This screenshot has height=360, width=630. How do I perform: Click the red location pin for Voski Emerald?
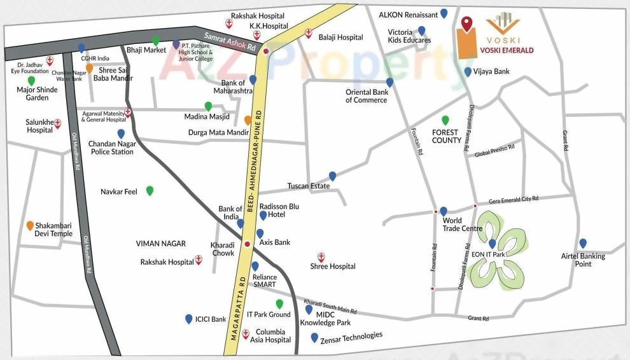pyautogui.click(x=468, y=24)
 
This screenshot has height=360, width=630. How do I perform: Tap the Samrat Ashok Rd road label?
pyautogui.click(x=230, y=42)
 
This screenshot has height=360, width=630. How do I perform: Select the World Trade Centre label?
pyautogui.click(x=463, y=225)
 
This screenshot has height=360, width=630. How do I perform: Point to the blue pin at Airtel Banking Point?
pyautogui.click(x=583, y=243)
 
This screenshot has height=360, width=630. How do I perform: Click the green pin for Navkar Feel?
pyautogui.click(x=150, y=190)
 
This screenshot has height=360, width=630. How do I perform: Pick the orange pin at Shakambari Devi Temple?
pyautogui.click(x=30, y=225)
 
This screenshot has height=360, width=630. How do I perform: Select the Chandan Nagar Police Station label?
pyautogui.click(x=112, y=148)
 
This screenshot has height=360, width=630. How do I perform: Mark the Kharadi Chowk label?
pyautogui.click(x=223, y=249)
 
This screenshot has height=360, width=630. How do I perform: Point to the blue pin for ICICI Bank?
pyautogui.click(x=188, y=319)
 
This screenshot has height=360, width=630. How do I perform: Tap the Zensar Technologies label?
pyautogui.click(x=352, y=336)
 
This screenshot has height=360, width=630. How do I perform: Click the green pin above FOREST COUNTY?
pyautogui.click(x=445, y=120)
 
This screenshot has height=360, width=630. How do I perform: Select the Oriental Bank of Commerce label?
pyautogui.click(x=367, y=96)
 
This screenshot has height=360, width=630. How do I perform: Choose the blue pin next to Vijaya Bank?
pyautogui.click(x=468, y=72)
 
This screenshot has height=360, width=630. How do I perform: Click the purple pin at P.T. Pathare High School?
pyautogui.click(x=176, y=44)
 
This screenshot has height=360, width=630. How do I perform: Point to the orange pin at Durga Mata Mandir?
pyautogui.click(x=248, y=120)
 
